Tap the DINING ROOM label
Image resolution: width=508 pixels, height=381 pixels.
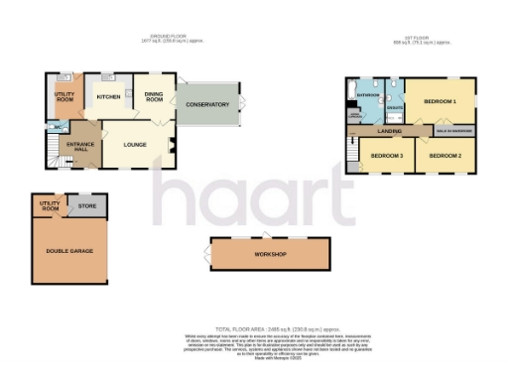(x=154, y=96)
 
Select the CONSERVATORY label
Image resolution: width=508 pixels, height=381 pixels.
(x=207, y=104)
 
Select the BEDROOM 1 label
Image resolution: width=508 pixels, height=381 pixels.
(x=440, y=101)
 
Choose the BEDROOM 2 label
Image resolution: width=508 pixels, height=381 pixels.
(x=445, y=156)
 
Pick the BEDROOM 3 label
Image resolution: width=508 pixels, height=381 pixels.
(x=387, y=156)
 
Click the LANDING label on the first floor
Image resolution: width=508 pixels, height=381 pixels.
(x=389, y=130)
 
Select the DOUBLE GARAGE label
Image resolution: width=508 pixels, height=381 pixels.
(x=69, y=251)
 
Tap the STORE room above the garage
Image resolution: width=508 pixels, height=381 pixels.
(x=88, y=206)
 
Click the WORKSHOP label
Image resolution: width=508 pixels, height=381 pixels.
(x=270, y=255)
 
